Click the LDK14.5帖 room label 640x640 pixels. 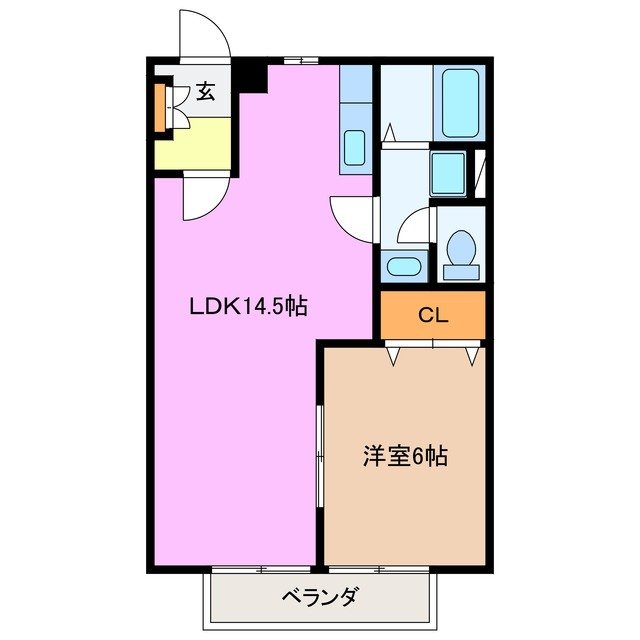pos(248,309)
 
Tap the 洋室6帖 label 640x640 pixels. pos(404,457)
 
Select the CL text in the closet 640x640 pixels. pos(432,316)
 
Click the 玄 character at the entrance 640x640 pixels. pos(205,93)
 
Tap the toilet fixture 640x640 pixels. pos(461,255)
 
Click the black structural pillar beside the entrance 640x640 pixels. pos(249,76)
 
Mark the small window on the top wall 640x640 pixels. pos(300,61)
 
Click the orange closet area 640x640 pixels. pos(432,317)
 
